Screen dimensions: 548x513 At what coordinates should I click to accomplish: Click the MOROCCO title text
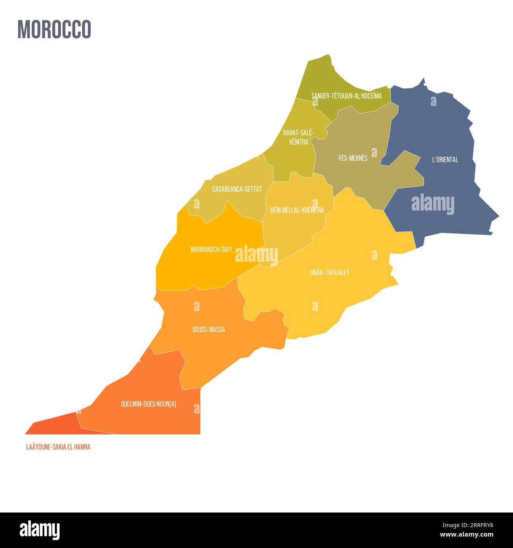(x=54, y=29)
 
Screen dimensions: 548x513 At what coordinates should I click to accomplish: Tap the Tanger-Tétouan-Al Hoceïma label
(x=346, y=96)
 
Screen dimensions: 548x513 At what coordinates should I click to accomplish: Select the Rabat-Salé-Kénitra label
(x=298, y=137)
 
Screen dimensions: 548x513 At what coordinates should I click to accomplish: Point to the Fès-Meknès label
(x=353, y=158)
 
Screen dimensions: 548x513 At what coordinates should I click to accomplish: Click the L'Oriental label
(x=445, y=160)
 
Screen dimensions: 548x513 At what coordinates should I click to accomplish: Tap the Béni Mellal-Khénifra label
(x=297, y=210)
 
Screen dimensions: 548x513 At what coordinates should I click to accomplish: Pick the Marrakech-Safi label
(x=211, y=249)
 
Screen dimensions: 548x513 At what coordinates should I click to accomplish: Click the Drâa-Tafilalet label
(x=330, y=272)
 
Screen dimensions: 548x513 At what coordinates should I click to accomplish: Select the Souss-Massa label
(x=208, y=330)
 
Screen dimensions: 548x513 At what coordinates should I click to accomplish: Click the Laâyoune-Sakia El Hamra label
(x=58, y=447)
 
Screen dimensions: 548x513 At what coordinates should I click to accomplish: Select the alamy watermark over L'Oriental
(x=432, y=205)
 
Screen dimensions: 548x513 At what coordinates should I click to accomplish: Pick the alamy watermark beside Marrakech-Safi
(x=256, y=255)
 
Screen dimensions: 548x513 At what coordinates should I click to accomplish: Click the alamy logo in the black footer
(x=40, y=529)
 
